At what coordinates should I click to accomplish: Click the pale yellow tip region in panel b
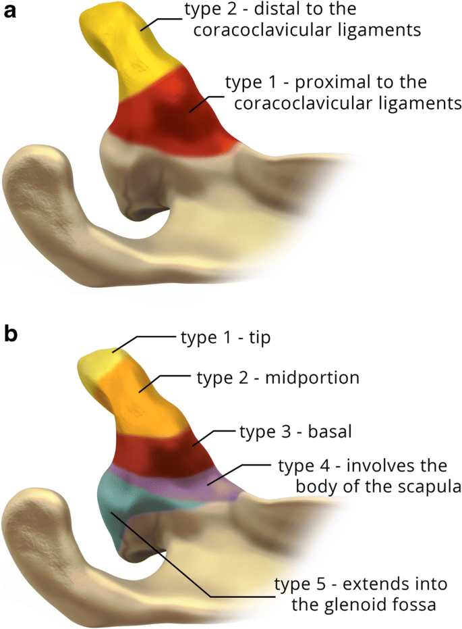pyautogui.click(x=98, y=368)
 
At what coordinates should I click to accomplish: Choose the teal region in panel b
pyautogui.click(x=121, y=513)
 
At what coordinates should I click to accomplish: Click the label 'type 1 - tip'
pyautogui.click(x=225, y=337)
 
